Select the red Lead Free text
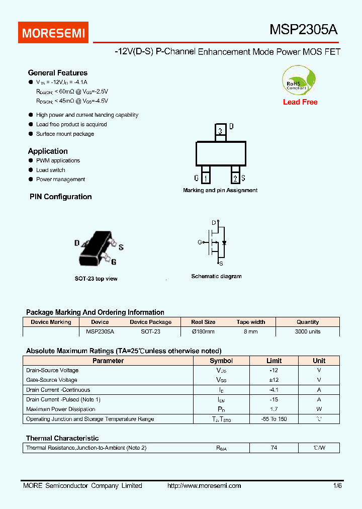point(300,102)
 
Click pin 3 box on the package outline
point(221,131)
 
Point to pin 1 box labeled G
point(205,178)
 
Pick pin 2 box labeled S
point(235,178)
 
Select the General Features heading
point(58,73)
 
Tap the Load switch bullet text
point(51,170)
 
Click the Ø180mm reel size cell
point(203,332)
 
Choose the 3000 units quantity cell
point(308,332)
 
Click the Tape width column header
point(250,322)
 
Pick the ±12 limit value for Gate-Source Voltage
point(274,380)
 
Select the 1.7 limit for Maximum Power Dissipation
point(274,409)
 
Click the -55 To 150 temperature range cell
point(274,419)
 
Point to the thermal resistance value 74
point(274,448)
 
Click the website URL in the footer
point(204,486)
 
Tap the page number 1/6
point(337,486)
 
